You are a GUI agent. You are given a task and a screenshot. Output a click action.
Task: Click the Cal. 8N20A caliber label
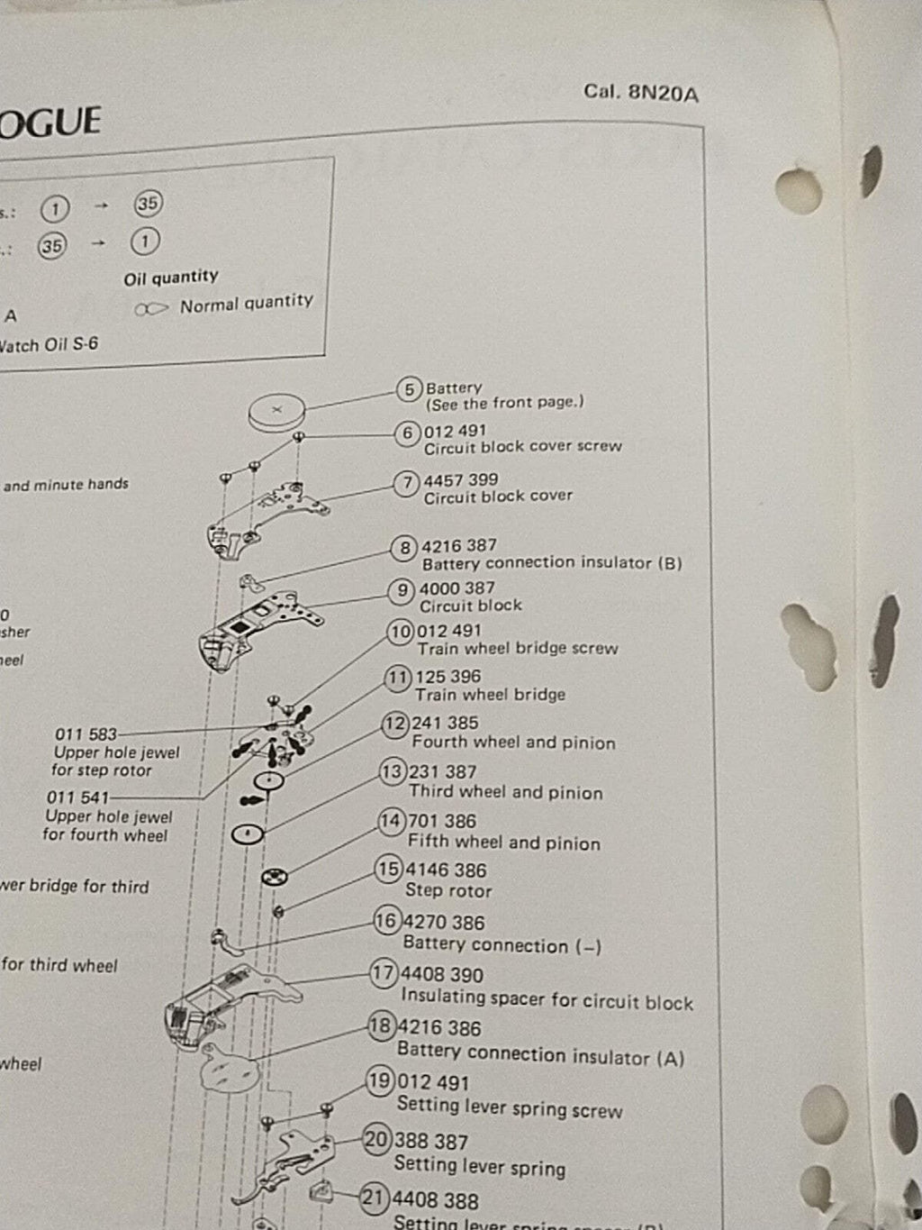[x=640, y=92]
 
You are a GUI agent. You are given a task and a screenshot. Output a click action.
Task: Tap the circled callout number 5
[x=410, y=389]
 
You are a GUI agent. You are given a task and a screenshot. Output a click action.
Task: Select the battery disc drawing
[x=277, y=413]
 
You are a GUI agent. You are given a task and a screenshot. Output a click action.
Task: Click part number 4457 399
[x=460, y=480]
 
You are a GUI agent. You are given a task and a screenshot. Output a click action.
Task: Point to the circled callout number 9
[x=402, y=591]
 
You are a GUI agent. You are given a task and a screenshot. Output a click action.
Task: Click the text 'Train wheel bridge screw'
[x=517, y=649]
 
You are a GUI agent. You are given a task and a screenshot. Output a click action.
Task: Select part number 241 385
[x=445, y=723]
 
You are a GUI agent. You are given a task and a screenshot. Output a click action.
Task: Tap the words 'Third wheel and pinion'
[x=505, y=793]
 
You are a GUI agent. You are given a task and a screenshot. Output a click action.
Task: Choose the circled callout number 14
[x=391, y=821]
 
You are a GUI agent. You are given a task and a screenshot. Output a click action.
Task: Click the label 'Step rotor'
[x=448, y=891]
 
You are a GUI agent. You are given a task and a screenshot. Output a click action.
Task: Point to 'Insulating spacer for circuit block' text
[x=547, y=999]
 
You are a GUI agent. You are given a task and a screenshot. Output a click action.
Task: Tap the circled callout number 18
[x=381, y=1026]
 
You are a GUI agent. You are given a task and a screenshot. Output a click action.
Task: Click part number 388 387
[x=431, y=1142]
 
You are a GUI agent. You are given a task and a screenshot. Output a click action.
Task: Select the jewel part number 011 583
[x=86, y=734]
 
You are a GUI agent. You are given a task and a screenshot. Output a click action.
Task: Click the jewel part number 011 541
[x=77, y=797]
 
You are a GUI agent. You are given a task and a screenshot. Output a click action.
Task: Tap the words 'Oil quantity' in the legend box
[x=171, y=278]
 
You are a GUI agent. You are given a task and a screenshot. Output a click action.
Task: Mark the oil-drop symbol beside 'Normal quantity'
[x=150, y=309]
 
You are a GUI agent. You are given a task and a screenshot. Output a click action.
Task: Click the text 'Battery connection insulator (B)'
[x=552, y=563]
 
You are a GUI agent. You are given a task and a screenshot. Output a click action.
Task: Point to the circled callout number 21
[x=375, y=1198]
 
